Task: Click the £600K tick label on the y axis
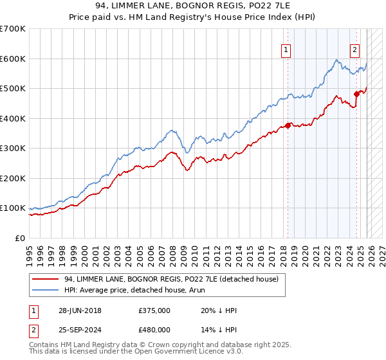pyautogui.click(x=13, y=59)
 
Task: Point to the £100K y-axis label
pyautogui.click(x=13, y=208)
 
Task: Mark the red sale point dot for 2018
pyautogui.click(x=288, y=126)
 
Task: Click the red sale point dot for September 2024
pyautogui.click(x=356, y=94)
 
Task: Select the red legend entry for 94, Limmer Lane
pyautogui.click(x=171, y=279)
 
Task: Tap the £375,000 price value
pyautogui.click(x=154, y=310)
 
